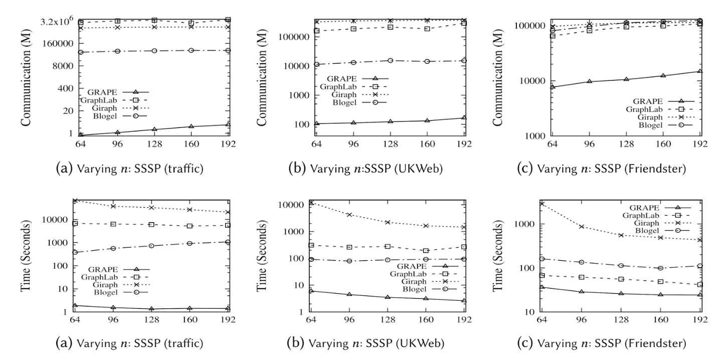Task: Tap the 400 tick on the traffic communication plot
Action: point(63,88)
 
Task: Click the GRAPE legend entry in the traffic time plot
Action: point(105,268)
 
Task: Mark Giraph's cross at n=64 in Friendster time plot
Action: point(541,204)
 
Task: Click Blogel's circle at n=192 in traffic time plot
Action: point(228,242)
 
